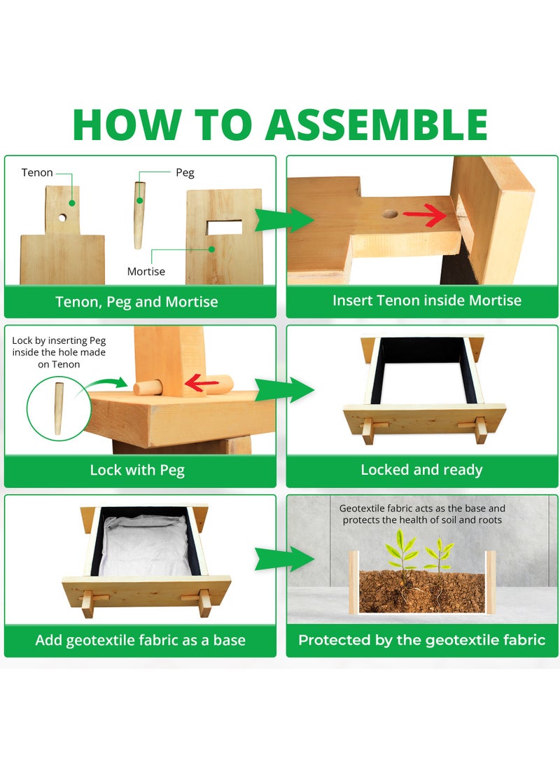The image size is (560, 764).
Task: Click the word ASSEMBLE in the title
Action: (377, 125)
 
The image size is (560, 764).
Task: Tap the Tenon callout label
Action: (37, 172)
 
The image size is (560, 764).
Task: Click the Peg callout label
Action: (185, 173)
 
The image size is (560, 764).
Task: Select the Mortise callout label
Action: (146, 272)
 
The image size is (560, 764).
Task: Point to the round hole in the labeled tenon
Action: (62, 218)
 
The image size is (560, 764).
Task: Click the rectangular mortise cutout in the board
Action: (224, 227)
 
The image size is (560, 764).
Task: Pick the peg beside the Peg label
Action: (139, 215)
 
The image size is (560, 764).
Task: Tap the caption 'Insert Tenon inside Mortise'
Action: (427, 300)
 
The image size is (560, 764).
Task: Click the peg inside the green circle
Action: (58, 409)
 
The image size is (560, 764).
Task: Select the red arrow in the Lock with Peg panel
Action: (202, 383)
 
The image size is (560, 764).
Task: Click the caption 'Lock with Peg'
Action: (137, 470)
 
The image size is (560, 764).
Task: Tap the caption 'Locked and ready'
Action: (421, 470)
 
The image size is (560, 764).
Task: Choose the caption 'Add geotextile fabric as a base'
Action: (140, 640)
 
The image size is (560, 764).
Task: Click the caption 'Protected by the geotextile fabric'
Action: (421, 640)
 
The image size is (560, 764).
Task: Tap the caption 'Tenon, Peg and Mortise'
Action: (136, 302)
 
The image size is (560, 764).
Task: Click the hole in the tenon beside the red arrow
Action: (390, 214)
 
